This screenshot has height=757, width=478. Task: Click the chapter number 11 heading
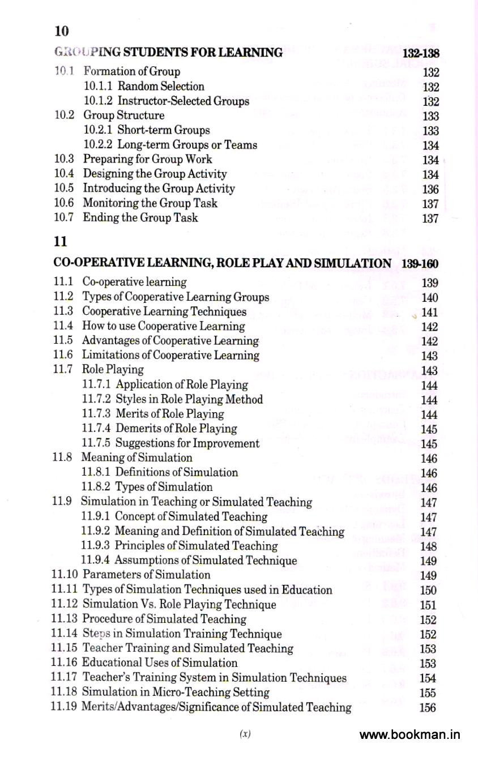pyautogui.click(x=60, y=241)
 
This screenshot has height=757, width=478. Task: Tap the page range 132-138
pyautogui.click(x=421, y=53)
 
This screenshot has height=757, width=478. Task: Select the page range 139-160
pyautogui.click(x=419, y=264)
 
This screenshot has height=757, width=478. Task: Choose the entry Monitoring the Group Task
pyautogui.click(x=150, y=203)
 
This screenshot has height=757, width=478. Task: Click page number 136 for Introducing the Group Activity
pyautogui.click(x=430, y=189)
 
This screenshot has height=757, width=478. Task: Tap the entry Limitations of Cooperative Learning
pyautogui.click(x=170, y=356)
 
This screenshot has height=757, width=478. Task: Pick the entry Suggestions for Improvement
pyautogui.click(x=187, y=443)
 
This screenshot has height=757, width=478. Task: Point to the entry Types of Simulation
pyautogui.click(x=164, y=487)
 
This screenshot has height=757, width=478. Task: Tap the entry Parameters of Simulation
pyautogui.click(x=146, y=575)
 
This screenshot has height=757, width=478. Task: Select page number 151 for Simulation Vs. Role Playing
pyautogui.click(x=429, y=605)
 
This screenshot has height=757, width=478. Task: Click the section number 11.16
pyautogui.click(x=65, y=662)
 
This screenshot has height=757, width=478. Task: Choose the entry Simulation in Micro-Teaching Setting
pyautogui.click(x=176, y=692)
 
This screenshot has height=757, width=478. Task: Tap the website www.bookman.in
pyautogui.click(x=409, y=735)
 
